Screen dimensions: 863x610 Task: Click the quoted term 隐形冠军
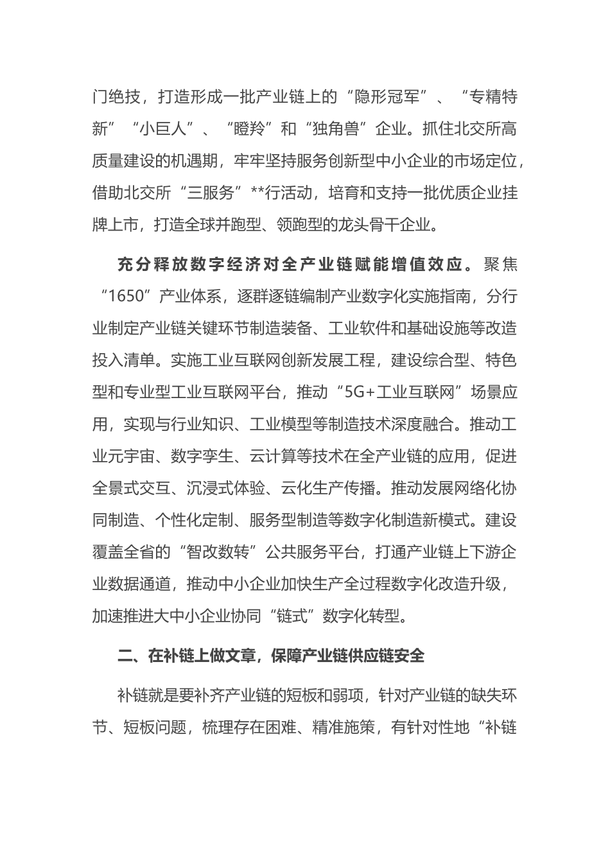[388, 97]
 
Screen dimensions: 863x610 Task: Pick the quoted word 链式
[293, 616]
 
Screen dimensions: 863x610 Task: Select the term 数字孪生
[195, 457]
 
